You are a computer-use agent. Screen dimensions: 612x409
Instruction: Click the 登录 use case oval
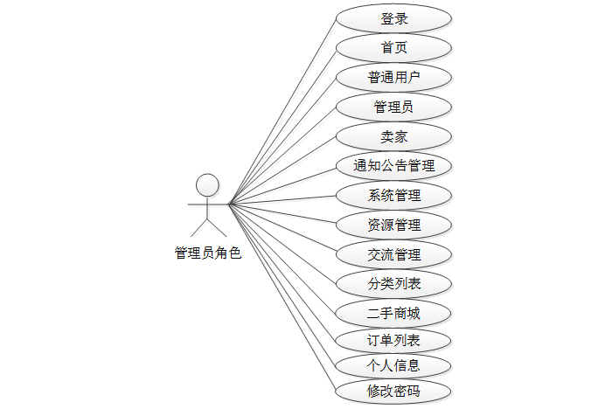[393, 18]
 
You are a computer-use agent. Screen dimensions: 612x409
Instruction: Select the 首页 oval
[393, 48]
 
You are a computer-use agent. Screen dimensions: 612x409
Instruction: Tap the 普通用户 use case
[393, 78]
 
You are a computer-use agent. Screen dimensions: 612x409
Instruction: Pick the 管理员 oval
[393, 107]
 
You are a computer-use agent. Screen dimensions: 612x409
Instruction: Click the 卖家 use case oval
[393, 137]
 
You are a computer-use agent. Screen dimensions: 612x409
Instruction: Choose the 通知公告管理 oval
[393, 165]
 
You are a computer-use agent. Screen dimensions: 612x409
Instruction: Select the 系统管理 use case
[393, 195]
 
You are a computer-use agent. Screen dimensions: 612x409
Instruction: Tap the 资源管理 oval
[393, 225]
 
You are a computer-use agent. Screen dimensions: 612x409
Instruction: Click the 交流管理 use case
[393, 254]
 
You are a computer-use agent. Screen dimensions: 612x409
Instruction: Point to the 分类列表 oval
[393, 283]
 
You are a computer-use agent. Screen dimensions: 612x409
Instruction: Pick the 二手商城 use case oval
[393, 313]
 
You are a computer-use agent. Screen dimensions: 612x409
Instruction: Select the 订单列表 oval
[393, 340]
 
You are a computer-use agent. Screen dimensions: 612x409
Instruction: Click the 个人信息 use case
[393, 365]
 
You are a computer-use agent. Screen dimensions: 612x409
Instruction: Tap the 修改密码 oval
[393, 391]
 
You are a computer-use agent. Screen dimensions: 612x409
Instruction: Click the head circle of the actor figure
[207, 184]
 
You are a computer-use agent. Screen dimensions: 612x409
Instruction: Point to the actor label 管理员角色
[207, 254]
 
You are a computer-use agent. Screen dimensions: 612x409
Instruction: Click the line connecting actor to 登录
[282, 111]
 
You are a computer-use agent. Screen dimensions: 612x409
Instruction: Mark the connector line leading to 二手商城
[282, 259]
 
